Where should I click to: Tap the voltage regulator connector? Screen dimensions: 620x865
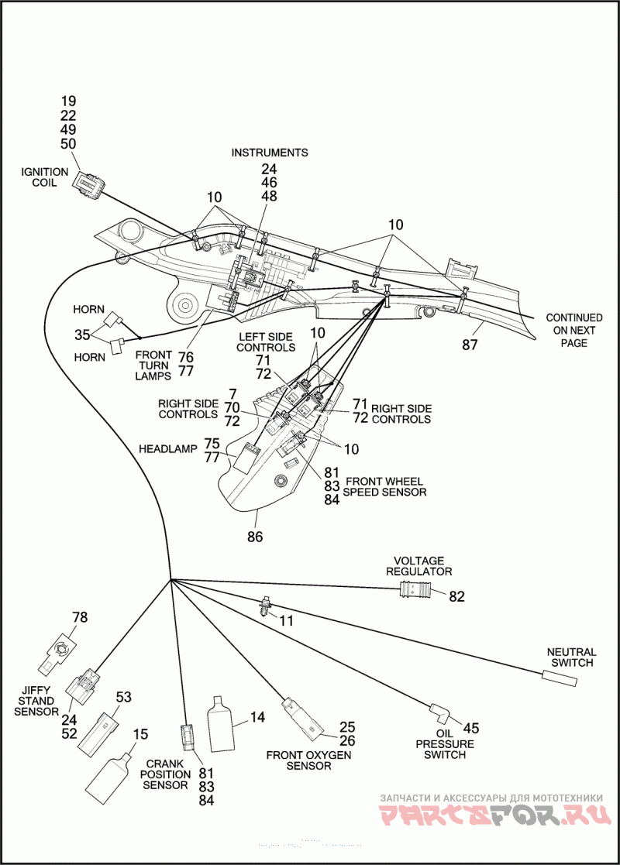(415, 591)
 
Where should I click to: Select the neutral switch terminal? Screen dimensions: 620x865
(560, 678)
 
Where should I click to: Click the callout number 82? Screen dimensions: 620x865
(456, 596)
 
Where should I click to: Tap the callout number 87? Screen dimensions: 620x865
(470, 345)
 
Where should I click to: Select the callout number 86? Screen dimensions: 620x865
(254, 536)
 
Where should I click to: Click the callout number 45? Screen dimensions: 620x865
(470, 728)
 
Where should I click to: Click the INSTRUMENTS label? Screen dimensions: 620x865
(270, 153)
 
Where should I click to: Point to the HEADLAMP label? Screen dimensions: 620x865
(167, 449)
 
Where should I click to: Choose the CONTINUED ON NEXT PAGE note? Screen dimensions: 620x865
(574, 330)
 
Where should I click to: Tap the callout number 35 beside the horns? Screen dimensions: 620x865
(83, 335)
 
